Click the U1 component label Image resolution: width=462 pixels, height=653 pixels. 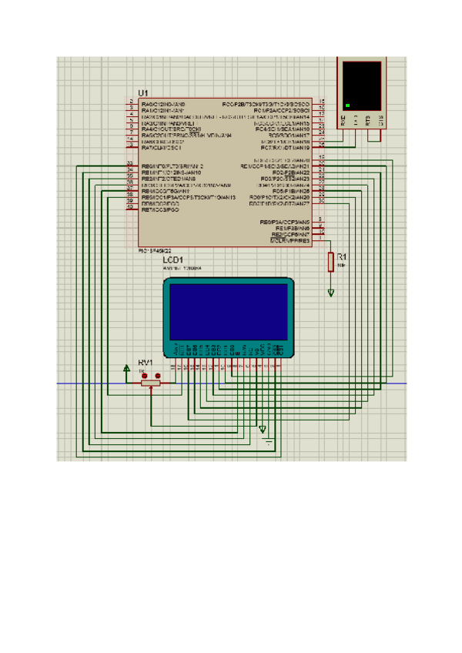(x=143, y=92)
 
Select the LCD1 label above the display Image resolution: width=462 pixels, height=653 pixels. (x=173, y=261)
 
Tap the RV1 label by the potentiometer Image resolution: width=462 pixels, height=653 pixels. (x=146, y=362)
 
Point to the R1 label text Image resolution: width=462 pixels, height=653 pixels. (x=343, y=256)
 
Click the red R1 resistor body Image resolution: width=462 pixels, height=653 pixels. (x=331, y=262)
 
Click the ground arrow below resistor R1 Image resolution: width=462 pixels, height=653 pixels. (x=331, y=293)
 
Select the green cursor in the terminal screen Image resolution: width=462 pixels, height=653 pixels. (x=348, y=105)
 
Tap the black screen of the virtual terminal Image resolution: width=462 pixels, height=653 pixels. (x=362, y=85)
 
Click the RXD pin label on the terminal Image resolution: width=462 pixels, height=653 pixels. (x=343, y=120)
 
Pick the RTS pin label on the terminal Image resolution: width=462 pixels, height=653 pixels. (x=368, y=120)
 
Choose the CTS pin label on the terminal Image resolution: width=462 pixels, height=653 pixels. (x=380, y=120)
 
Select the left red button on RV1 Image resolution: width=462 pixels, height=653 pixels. (x=144, y=377)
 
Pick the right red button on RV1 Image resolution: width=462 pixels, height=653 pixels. (x=156, y=377)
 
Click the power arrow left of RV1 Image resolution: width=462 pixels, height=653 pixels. (x=127, y=370)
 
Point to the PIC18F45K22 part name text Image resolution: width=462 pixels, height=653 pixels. (x=154, y=250)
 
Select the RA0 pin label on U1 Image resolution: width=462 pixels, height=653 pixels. (x=163, y=103)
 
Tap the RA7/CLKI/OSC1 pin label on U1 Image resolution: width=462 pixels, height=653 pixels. (x=163, y=147)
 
